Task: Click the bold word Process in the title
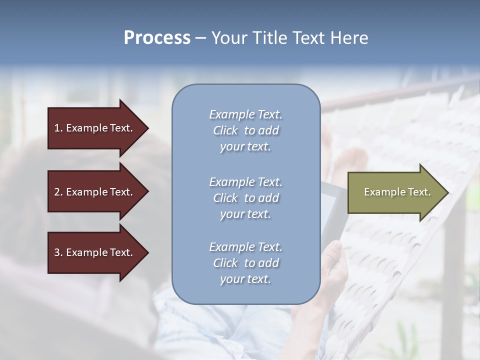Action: pyautogui.click(x=157, y=38)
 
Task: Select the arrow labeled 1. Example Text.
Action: pyautogui.click(x=95, y=128)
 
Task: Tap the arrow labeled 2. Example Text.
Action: pyautogui.click(x=95, y=192)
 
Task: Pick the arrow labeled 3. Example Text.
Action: pyautogui.click(x=95, y=252)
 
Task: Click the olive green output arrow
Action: pyautogui.click(x=395, y=192)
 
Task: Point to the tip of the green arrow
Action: pyautogui.click(x=447, y=192)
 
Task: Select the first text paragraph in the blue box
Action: pyautogui.click(x=245, y=130)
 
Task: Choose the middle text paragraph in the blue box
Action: pyautogui.click(x=245, y=198)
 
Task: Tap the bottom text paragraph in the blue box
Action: pyautogui.click(x=245, y=263)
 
